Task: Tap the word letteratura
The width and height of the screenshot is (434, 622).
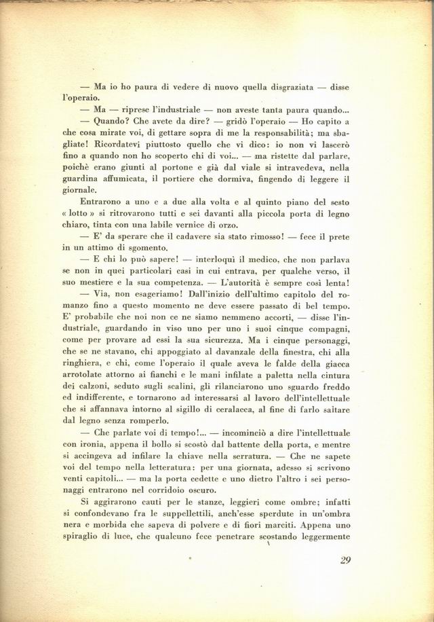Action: [x=180, y=469]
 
